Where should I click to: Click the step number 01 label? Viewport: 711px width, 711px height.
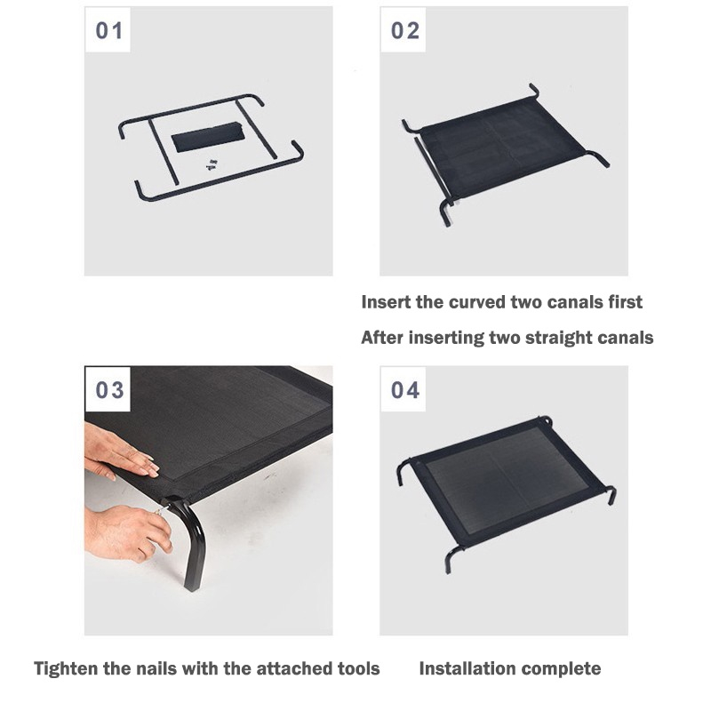tap(108, 31)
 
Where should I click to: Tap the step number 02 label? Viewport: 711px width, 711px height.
tap(405, 31)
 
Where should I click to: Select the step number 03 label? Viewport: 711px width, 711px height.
tap(109, 390)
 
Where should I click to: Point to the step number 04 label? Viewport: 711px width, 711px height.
tap(405, 390)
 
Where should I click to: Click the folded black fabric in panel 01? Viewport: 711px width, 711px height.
tap(208, 138)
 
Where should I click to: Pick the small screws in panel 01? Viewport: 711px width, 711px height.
tap(212, 164)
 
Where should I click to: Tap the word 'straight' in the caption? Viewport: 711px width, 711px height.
tap(556, 338)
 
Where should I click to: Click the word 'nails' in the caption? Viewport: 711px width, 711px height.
tap(153, 669)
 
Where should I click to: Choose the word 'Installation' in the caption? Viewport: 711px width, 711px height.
tap(467, 669)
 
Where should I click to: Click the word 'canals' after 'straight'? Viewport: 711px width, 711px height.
tap(625, 338)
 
